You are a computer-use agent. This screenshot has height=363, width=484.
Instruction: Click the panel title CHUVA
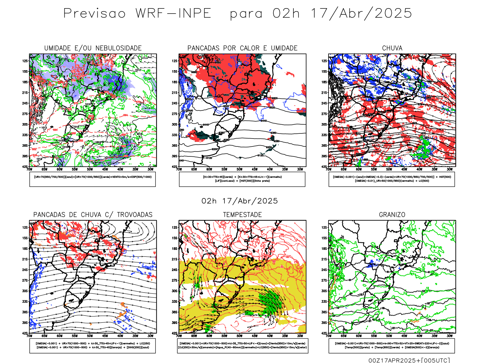point(392,48)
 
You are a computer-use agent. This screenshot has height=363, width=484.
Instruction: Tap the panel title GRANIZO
point(392,215)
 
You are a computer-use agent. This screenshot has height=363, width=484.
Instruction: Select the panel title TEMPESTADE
point(242,215)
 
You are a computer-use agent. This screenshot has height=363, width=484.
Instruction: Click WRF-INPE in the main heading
point(173,14)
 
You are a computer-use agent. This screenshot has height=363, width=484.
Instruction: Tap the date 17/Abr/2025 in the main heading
point(361,14)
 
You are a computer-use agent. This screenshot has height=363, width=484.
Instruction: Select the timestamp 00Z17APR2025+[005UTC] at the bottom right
point(409,360)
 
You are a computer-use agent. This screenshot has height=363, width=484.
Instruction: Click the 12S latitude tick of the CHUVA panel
point(324,61)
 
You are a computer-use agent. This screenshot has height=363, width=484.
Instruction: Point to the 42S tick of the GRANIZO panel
point(324,333)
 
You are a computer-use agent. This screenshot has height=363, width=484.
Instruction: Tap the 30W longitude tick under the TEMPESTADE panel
point(300,336)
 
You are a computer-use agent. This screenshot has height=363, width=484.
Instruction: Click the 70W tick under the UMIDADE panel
point(29,169)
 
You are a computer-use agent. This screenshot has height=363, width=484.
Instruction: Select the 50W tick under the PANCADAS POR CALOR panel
point(240,169)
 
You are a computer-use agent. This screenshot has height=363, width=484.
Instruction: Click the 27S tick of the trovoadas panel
point(25,280)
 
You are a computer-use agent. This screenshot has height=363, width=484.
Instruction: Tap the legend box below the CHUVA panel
point(392,179)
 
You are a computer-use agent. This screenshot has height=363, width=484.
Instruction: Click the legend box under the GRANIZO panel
point(392,345)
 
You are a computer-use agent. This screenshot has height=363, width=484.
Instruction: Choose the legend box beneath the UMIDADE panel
point(93,179)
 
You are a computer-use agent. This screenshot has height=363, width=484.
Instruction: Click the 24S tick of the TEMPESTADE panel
point(175,270)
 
